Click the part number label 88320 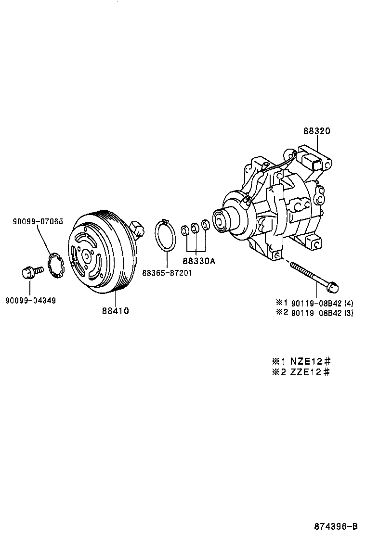tap(316, 131)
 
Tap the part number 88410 tap(115, 311)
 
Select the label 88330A tap(198, 261)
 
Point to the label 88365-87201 tap(167, 273)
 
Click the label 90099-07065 tap(38, 222)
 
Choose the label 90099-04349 tap(30, 301)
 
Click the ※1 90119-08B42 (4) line tap(314, 303)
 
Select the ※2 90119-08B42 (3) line tap(314, 313)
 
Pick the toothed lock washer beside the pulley tap(57, 265)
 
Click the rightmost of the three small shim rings tap(205, 225)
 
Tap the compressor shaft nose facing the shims tap(221, 221)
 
